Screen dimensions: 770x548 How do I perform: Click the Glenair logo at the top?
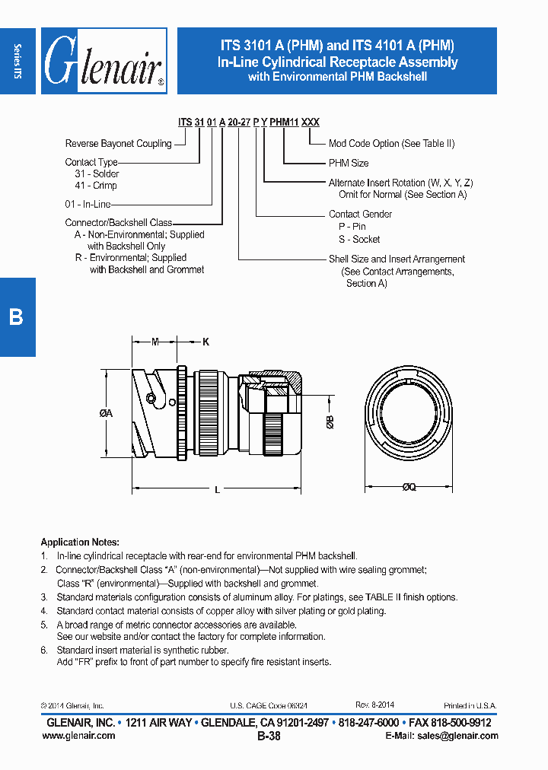[x=104, y=62]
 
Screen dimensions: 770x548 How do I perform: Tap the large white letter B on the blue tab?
[x=16, y=317]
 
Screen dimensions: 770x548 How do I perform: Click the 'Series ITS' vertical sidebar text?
[x=18, y=61]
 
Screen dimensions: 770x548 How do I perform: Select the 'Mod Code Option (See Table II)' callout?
[x=391, y=144]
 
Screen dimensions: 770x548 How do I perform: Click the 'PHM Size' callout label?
[x=349, y=163]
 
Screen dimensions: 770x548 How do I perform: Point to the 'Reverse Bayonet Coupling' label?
[x=118, y=144]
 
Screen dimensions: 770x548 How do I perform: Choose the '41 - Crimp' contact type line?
[x=96, y=186]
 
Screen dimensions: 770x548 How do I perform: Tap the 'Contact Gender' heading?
[x=360, y=215]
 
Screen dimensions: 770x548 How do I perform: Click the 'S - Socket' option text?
[x=359, y=239]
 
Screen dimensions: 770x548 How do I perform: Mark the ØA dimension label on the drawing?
[x=106, y=413]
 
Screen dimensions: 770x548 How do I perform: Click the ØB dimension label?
[x=330, y=424]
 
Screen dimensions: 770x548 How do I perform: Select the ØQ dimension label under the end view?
[x=409, y=488]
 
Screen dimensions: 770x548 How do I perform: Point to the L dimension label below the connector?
[x=217, y=491]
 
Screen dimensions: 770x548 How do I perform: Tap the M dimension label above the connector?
[x=155, y=342]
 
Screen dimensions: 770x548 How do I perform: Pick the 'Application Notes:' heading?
[x=80, y=542]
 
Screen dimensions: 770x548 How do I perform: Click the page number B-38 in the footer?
[x=269, y=737]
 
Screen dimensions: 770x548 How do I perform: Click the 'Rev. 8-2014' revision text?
[x=374, y=705]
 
